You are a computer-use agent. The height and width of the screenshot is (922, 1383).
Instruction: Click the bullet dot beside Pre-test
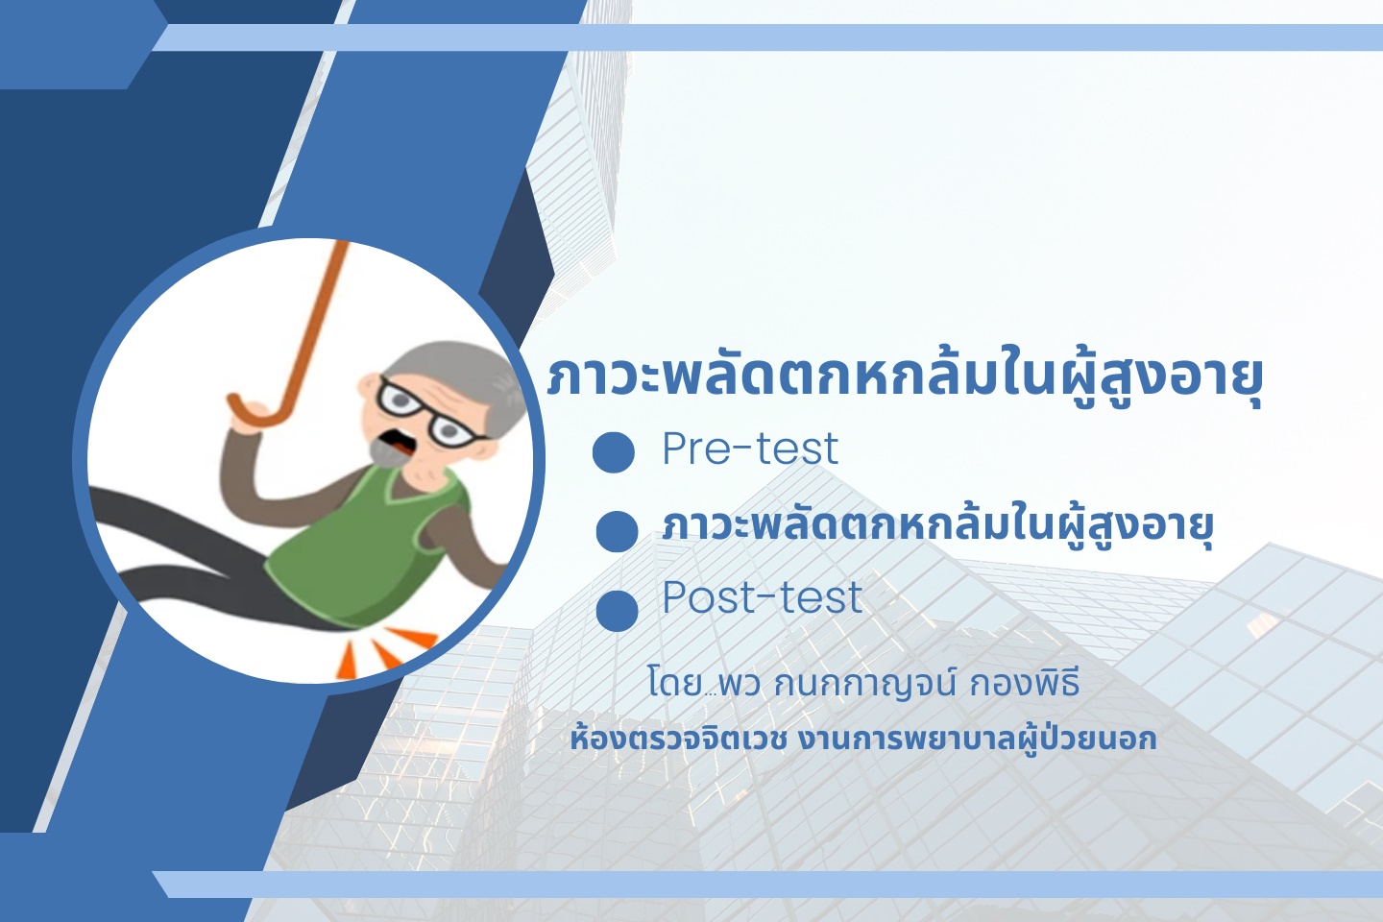point(613,452)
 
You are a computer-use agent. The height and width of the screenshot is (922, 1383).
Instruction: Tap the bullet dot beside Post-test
point(617,610)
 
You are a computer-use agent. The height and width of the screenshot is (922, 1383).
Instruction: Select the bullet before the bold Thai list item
point(617,531)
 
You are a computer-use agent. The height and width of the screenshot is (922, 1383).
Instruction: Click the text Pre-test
point(750,448)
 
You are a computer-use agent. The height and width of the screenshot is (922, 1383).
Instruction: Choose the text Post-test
point(763,597)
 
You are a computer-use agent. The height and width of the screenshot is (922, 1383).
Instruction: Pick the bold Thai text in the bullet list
point(937,526)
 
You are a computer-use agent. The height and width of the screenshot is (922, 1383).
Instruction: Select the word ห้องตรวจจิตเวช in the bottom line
point(678,740)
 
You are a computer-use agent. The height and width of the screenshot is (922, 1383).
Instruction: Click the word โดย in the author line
point(674,683)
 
